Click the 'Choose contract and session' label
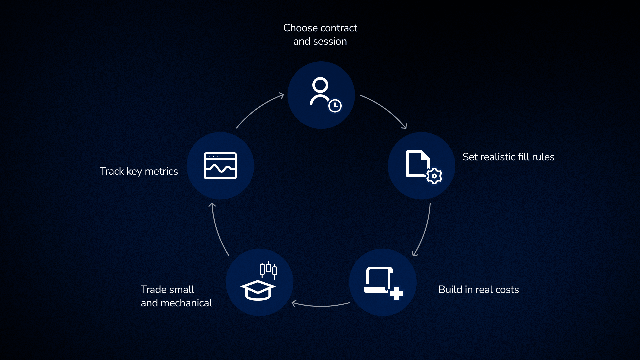point(320,34)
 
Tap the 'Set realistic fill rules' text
point(508,157)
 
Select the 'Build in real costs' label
point(478,290)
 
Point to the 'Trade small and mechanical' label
point(176,296)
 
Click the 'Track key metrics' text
point(139,171)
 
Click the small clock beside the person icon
point(335,106)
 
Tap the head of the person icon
point(320,85)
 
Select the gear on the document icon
point(434,176)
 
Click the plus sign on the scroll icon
point(396,293)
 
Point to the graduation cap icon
point(258,290)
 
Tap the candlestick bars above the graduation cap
point(268,269)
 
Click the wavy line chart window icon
point(220,166)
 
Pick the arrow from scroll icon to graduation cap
point(321,305)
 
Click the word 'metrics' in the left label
point(161,171)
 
